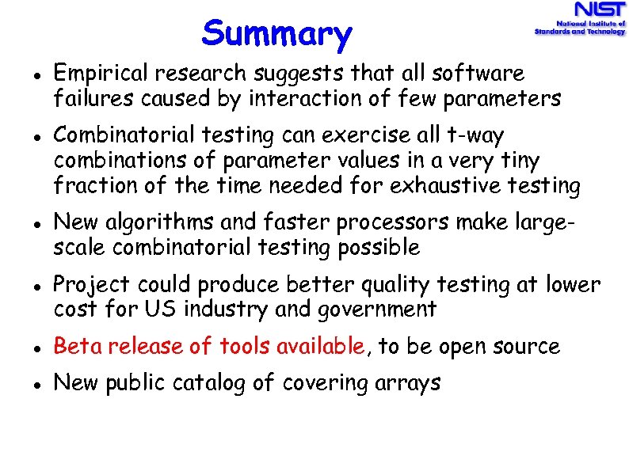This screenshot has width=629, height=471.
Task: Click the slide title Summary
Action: click(x=276, y=34)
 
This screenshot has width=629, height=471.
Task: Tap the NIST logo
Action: click(x=580, y=20)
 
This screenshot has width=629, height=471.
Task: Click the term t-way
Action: click(x=475, y=136)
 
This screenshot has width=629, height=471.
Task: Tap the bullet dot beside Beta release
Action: click(x=29, y=348)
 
